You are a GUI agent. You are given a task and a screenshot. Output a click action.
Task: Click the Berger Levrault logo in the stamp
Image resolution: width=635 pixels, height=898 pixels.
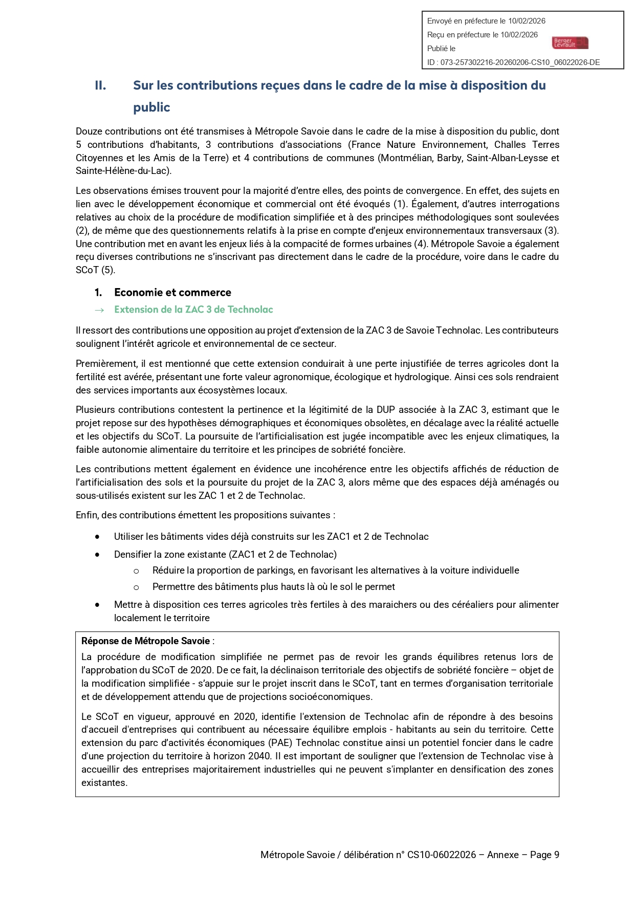coord(570,43)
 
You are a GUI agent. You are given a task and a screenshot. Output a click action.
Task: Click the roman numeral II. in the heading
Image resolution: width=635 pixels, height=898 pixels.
coord(100,85)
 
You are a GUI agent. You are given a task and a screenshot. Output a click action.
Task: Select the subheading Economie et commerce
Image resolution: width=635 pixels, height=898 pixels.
coord(172,292)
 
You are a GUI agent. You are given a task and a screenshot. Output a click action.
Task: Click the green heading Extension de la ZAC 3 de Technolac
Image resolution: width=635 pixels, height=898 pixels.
coord(193,310)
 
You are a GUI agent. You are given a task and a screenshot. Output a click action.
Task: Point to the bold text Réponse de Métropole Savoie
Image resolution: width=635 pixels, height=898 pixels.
coord(146,641)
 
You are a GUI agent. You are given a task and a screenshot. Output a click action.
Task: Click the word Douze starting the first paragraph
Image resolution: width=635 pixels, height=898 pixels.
coord(89,132)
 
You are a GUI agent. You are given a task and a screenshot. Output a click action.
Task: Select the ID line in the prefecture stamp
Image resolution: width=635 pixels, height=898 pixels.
coord(513,62)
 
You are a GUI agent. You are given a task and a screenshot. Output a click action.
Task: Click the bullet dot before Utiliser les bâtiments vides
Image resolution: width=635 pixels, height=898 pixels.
coord(97,537)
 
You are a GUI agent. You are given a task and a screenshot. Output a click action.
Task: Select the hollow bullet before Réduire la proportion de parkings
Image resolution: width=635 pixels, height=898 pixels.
coord(136,571)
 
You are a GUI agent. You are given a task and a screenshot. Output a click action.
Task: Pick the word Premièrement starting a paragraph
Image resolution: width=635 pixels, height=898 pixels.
coord(106,364)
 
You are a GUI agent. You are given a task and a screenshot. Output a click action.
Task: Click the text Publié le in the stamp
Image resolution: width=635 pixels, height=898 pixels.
coord(441,49)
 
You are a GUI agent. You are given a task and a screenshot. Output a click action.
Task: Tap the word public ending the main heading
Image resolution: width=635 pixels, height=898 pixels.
coord(151,107)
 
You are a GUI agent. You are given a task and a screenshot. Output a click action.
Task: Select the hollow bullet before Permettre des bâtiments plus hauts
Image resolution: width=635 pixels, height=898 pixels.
coord(136,587)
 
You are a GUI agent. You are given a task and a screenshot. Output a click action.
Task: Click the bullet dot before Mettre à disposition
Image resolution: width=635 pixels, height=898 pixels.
coord(97,605)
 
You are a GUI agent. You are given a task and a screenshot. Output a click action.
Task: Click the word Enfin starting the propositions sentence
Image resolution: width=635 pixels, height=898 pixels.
coord(87,515)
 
